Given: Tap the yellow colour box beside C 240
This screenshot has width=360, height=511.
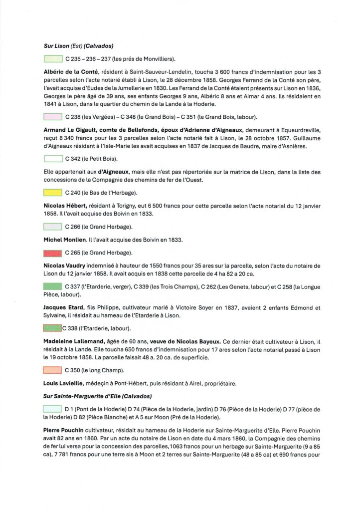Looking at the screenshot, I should tap(52, 193).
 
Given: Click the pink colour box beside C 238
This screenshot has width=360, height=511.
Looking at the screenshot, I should tap(52, 117).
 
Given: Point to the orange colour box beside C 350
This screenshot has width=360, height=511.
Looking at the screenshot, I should tap(52, 370).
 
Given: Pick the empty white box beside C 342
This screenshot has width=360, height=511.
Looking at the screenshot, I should tap(52, 159).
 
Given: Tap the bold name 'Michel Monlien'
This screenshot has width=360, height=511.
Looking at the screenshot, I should tap(66, 240).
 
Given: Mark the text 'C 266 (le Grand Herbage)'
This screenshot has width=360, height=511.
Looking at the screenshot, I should tap(94, 227).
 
